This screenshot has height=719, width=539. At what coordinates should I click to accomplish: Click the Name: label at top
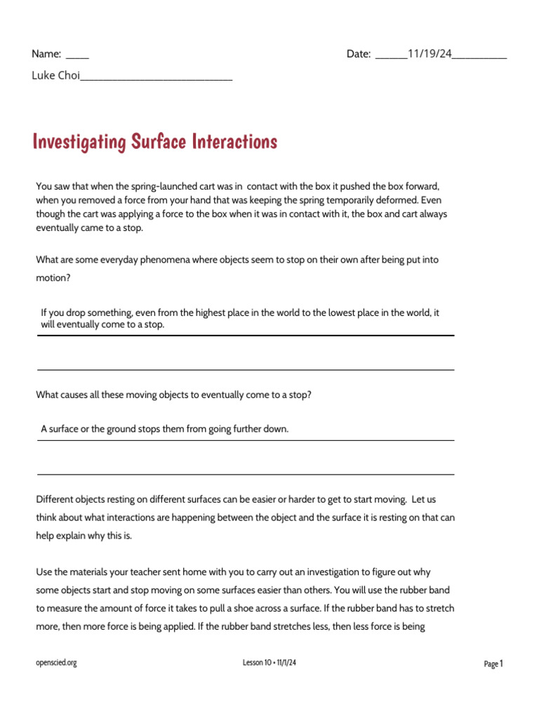pos(46,54)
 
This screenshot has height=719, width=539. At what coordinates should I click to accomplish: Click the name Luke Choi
pos(55,76)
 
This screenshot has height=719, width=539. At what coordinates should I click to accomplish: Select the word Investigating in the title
pos(79,143)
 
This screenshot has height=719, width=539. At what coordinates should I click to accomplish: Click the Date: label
pos(359,54)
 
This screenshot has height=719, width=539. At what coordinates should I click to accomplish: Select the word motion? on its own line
pos(54,277)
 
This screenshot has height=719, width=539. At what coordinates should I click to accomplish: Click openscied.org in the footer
pos(56,663)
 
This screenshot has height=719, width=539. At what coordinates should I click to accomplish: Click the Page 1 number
pos(493,664)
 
